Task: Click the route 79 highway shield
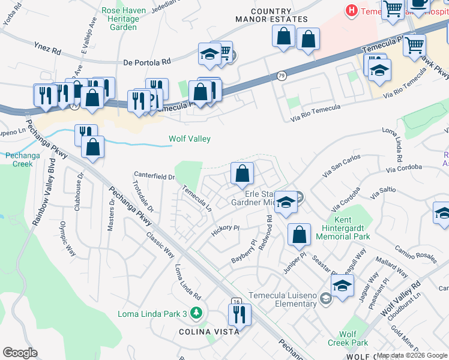point(282,76)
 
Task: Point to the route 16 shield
point(237,301)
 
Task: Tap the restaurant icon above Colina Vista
point(239,313)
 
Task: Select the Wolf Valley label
point(189,139)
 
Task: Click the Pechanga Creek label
point(19,159)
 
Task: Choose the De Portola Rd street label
point(147,61)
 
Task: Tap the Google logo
point(20,353)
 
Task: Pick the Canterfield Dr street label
point(154,176)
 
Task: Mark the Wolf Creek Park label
point(348,338)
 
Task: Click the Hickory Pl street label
point(225,230)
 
